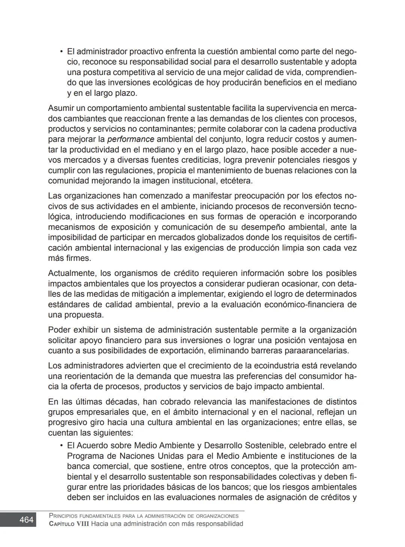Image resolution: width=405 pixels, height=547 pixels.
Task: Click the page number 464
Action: (x=26, y=520)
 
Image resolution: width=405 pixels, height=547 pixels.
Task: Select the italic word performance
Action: (x=130, y=139)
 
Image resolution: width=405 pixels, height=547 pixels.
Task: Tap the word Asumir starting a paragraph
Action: (x=61, y=108)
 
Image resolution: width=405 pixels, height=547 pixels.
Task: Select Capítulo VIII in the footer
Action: (x=69, y=524)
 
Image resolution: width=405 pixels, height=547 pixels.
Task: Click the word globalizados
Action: (x=220, y=238)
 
